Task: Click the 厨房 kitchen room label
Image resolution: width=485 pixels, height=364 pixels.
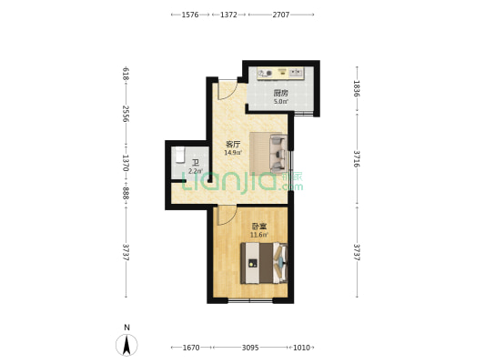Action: point(281,93)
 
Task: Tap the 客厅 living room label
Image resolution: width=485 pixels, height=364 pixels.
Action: point(233,144)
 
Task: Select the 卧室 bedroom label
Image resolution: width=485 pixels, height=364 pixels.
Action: point(259,227)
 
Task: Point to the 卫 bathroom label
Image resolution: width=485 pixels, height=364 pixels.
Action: point(195,163)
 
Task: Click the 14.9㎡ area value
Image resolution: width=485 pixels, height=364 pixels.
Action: point(233,152)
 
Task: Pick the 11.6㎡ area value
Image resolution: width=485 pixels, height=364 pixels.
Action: point(259,235)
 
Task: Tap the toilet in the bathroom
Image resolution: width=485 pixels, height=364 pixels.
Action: point(179,155)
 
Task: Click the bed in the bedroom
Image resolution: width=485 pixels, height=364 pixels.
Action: point(264,263)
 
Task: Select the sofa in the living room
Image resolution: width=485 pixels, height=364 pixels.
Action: point(278,154)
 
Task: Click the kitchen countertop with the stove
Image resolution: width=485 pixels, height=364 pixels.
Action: point(281,74)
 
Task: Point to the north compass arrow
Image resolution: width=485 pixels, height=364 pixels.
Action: point(126,345)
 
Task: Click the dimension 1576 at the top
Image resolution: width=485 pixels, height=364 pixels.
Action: point(190,15)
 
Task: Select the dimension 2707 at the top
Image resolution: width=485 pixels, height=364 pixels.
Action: point(281,15)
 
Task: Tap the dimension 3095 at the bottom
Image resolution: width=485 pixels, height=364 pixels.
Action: point(250,348)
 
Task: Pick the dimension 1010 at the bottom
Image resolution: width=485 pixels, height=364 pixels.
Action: point(301,348)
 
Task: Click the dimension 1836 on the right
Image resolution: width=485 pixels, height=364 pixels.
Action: point(357,88)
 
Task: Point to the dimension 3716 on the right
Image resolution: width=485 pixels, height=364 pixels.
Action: point(357,159)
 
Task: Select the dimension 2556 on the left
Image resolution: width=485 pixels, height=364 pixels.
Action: point(126,114)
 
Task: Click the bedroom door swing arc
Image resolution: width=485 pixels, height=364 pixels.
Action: point(227,216)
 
